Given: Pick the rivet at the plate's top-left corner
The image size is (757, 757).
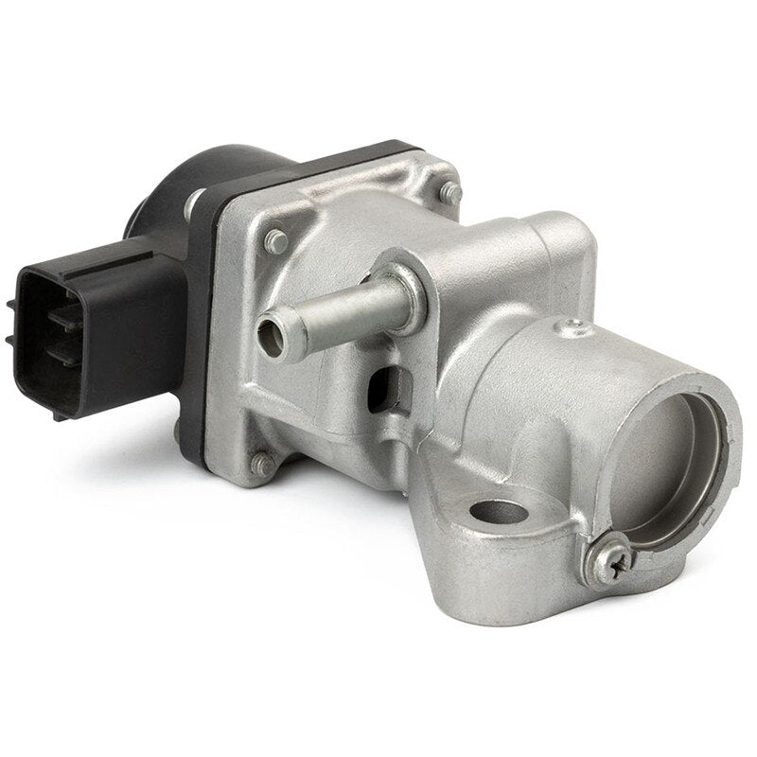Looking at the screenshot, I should (x=277, y=240).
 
